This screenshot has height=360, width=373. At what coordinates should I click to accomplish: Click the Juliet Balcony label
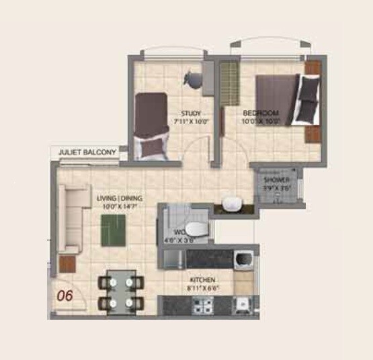point(88,153)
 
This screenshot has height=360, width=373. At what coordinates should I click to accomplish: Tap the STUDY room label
point(193,113)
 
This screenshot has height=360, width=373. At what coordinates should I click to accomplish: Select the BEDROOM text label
point(261,113)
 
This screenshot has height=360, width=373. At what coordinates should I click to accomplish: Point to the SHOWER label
point(276,181)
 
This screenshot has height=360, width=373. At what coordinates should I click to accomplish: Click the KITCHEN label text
point(202,279)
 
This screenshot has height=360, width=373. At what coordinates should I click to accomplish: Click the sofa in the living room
point(72,218)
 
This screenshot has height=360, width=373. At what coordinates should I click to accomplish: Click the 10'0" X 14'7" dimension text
point(115,208)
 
